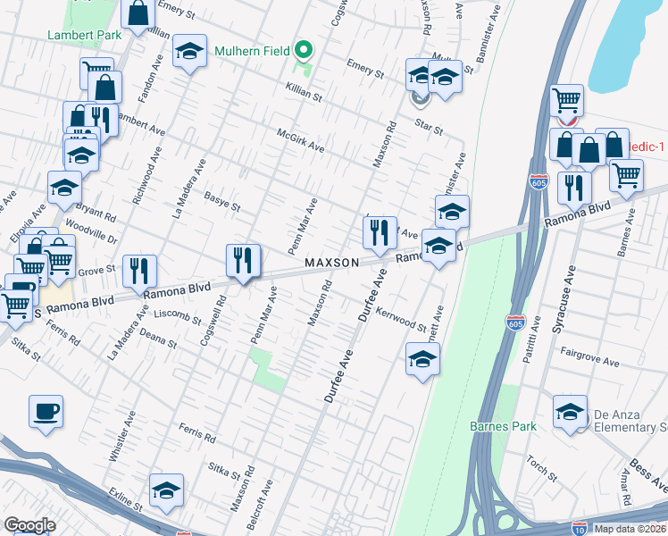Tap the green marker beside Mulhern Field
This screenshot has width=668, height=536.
click(x=304, y=49)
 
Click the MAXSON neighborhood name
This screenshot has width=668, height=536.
click(x=331, y=263)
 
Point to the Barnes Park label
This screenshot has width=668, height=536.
click(x=504, y=426)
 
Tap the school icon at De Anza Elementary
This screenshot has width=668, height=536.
click(x=570, y=412)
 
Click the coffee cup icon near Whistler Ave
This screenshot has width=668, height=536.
click(x=46, y=412)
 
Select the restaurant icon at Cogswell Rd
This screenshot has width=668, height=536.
click(x=243, y=261)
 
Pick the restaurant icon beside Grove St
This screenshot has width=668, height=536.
click(x=139, y=270)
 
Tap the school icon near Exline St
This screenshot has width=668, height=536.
click(x=166, y=490)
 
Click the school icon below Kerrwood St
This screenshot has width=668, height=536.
click(x=423, y=360)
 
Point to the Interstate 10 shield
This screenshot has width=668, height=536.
click(x=580, y=528)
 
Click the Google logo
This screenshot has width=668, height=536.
click(x=29, y=525)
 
